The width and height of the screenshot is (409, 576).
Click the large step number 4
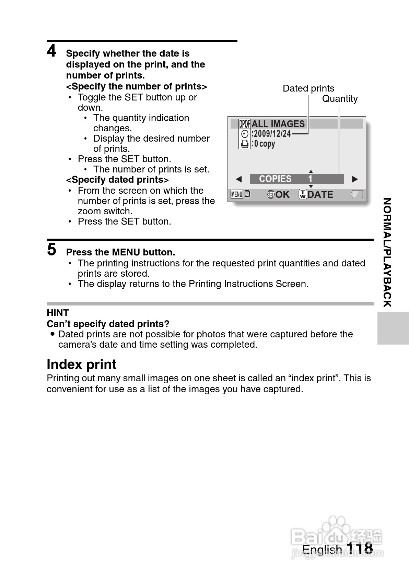51,51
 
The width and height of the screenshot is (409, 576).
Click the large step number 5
51,250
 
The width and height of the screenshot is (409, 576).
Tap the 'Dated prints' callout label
308,88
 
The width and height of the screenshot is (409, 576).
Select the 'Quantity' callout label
340,99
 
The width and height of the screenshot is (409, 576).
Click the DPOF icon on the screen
245,124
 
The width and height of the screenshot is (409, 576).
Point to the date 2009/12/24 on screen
272,134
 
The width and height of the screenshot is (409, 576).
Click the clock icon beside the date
245,134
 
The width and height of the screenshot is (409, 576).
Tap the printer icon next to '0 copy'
245,144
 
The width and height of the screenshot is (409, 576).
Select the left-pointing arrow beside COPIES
239,179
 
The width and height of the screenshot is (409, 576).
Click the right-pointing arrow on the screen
355,179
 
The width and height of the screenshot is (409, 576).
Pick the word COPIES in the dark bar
275,179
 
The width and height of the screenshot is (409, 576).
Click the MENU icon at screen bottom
237,195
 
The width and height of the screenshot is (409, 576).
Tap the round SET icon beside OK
271,195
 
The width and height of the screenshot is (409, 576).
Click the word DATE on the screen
320,195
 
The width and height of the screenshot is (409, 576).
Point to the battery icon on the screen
357,195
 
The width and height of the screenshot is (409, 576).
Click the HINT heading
58,313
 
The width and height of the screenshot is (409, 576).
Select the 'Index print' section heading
81,364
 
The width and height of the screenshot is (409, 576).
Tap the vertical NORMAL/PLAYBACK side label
387,252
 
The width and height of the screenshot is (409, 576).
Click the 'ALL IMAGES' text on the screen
278,124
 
